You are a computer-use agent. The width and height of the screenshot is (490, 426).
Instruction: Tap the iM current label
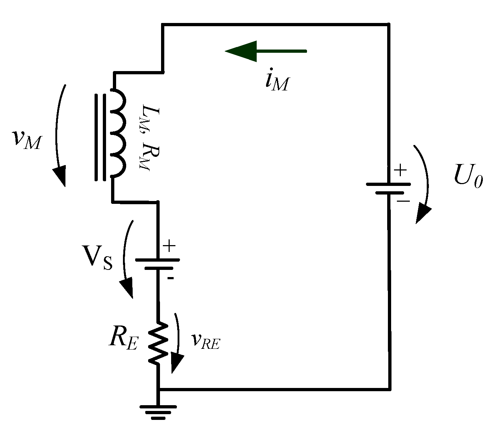tap(276, 81)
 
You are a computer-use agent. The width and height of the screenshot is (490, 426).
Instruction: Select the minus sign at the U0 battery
tap(403, 201)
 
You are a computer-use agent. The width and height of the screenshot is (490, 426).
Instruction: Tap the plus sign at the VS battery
tap(169, 246)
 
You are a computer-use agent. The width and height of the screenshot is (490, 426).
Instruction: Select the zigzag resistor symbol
tap(158, 343)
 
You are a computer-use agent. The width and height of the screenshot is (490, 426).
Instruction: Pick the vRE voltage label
tap(205, 341)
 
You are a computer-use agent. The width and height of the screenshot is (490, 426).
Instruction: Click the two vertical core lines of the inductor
tap(100, 137)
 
